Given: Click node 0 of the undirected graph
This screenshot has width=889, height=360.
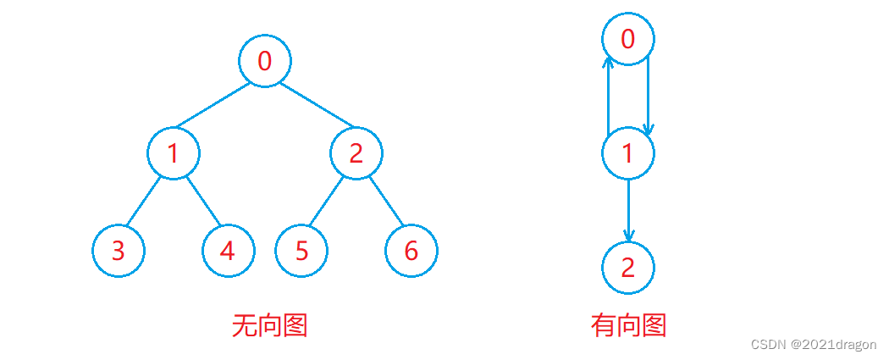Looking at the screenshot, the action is pos(265,61).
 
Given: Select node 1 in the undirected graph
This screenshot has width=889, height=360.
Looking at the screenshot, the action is pos(174,153).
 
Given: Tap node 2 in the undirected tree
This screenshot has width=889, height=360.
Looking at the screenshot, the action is pos(356,153).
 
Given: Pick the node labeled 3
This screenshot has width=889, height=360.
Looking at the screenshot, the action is pos(119,252).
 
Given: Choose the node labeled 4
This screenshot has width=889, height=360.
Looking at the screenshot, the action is pos(229,252).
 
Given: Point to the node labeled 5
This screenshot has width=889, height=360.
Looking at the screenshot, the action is pos(301,252).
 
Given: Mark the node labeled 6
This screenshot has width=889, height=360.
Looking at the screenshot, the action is pos(411,252).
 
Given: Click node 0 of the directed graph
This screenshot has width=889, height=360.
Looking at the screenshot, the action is pos(627,38).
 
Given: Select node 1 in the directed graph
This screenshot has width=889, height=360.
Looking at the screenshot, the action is pos(627,153).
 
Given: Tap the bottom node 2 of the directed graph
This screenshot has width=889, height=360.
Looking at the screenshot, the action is pos(627,268).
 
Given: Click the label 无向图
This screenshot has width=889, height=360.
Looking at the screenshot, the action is pos(269,325).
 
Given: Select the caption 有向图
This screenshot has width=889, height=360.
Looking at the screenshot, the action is pos(628,325).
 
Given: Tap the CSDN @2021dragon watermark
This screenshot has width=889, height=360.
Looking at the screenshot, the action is pos(813,345).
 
